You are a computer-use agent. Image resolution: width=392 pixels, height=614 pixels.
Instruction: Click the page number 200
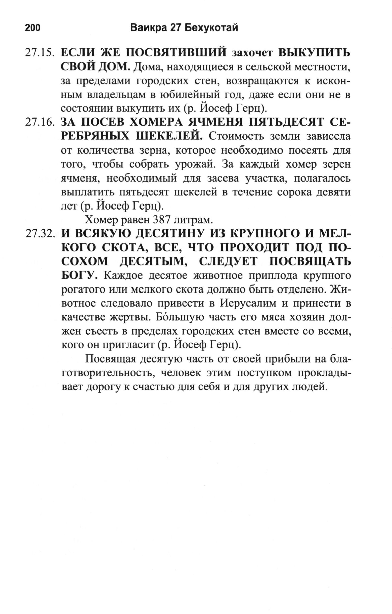pos(33,27)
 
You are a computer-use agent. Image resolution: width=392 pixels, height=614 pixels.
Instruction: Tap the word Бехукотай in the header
pos(211,27)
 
